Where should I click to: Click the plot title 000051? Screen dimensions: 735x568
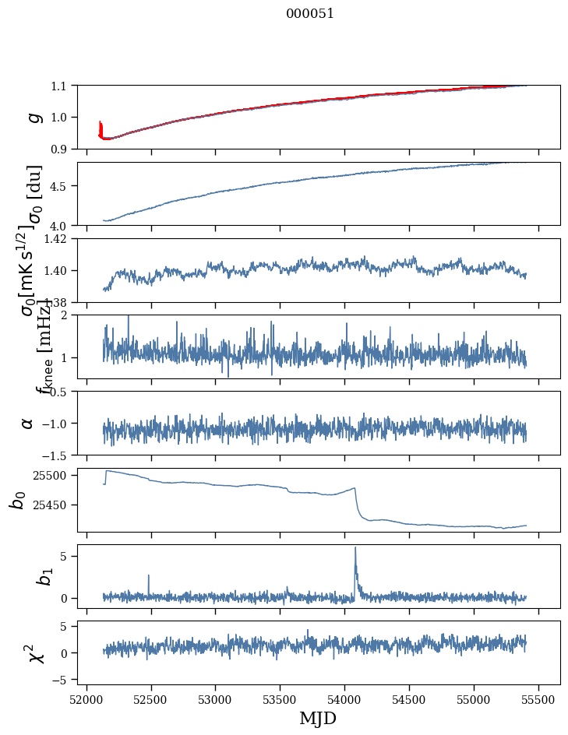point(310,14)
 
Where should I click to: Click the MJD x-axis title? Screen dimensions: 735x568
point(318,718)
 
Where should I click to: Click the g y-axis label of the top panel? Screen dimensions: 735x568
point(34,117)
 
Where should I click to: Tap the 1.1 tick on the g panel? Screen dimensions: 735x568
point(60,86)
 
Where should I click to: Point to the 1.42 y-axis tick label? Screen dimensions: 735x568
point(57,239)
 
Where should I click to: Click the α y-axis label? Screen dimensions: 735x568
point(27,423)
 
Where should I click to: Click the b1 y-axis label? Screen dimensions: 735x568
point(23,576)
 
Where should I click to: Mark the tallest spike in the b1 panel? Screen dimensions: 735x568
point(355,548)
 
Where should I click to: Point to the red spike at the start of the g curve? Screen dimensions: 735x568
point(101,125)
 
